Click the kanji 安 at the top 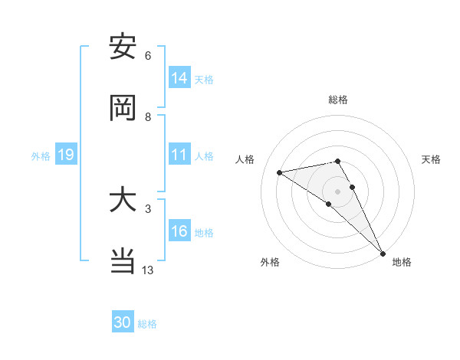pos(123,47)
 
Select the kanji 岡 pos(123,108)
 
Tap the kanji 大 pos(123,200)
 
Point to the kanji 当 pos(123,261)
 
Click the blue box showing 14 pos(179,78)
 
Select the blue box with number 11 pos(179,155)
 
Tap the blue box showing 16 pos(179,232)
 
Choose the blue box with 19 pos(65,155)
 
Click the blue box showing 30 pos(123,323)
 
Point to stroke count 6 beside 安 pos(148,56)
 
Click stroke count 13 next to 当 pos(148,270)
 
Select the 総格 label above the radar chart pos(338,100)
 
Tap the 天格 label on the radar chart pos(431,159)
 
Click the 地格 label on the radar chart pos(402,262)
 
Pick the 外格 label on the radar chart pos(270,262)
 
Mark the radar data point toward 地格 pos(383,254)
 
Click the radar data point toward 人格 pos(280,172)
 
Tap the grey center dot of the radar pos(338,191)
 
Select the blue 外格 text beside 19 pos(40,155)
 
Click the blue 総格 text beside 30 pos(147,324)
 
